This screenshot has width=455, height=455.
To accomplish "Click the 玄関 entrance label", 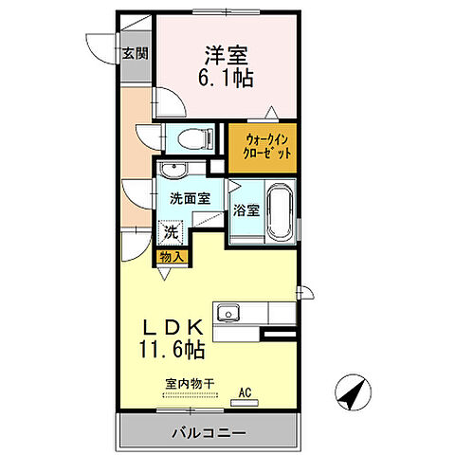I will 134,54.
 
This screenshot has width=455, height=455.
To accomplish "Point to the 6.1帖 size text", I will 227,80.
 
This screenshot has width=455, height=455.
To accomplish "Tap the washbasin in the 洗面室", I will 173,171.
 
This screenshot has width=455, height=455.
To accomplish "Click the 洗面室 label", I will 190,200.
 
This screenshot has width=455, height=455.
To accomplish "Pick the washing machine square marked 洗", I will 171,230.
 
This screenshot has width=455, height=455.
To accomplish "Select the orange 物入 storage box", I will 172,256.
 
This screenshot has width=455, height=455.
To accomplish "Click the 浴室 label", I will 246,210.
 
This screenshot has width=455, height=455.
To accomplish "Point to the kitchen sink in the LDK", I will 228,314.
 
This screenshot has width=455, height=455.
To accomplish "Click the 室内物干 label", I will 189,384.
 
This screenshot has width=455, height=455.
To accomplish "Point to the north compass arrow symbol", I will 352,390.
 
